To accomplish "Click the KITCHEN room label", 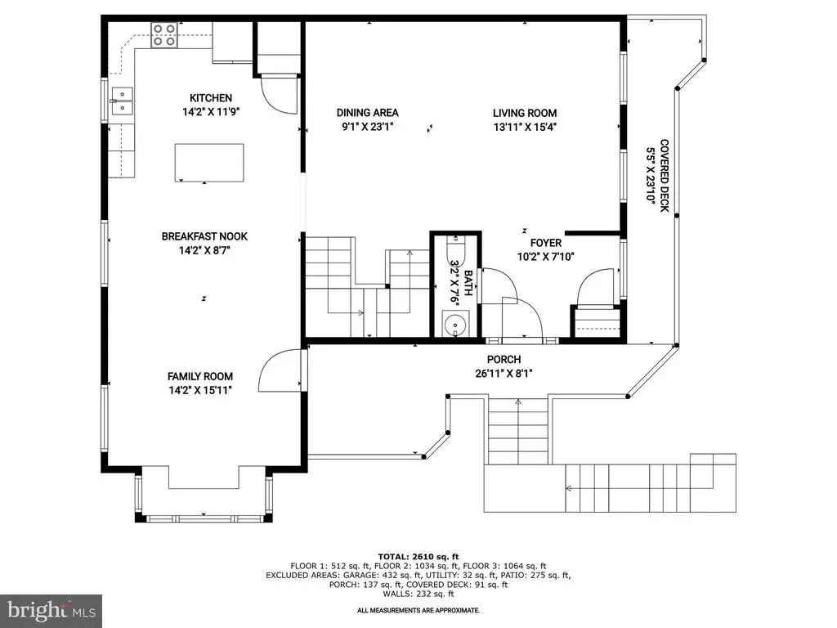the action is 211,98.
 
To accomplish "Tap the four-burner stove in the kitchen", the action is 163,34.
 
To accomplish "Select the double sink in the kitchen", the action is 123,101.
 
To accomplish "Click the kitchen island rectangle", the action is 209,163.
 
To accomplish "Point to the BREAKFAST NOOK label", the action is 204,236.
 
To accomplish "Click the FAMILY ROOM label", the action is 200,376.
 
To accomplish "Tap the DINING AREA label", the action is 367,113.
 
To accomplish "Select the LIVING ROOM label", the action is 525,113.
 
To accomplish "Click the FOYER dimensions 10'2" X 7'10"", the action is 545,257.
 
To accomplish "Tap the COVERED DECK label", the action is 665,175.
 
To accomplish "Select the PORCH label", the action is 504,360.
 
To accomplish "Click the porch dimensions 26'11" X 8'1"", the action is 504,374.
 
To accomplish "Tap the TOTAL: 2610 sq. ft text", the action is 418,556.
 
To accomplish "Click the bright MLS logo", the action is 51,611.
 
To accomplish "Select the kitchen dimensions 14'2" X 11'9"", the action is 211,112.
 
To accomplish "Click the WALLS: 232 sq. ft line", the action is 418,594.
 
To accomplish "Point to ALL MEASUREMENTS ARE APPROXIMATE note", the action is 418,610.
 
